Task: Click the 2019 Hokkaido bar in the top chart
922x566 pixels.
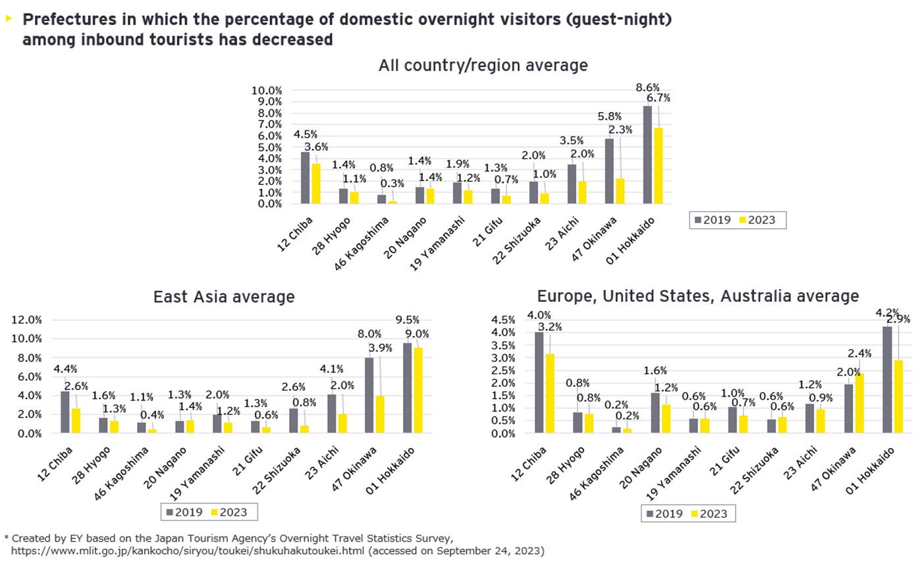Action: tap(647, 155)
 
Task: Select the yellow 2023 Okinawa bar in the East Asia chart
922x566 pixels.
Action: tap(380, 414)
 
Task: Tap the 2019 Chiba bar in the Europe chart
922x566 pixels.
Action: tap(539, 382)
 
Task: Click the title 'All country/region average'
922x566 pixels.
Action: tap(483, 65)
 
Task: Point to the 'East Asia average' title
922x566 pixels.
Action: tap(224, 297)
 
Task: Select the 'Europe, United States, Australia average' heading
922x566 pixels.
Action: tap(698, 296)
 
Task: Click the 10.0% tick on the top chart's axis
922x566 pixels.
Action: tap(267, 90)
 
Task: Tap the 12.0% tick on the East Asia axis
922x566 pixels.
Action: tap(27, 320)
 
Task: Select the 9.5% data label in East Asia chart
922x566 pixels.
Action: tap(407, 320)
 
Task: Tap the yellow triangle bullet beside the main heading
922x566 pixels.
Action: tap(9, 18)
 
